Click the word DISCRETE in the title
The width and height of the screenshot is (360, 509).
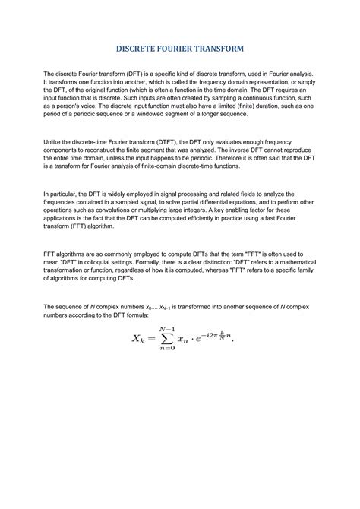pyautogui.click(x=140, y=48)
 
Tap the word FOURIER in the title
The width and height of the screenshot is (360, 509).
pyautogui.click(x=182, y=48)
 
